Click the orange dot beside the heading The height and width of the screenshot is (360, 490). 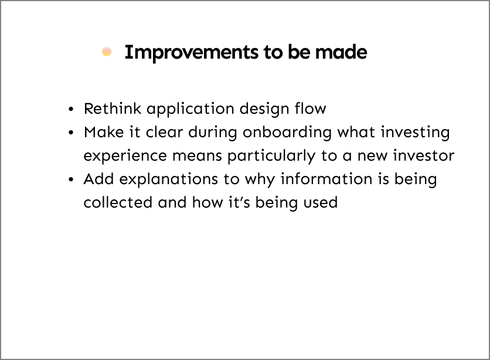click(107, 52)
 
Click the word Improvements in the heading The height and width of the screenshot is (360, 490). click(192, 53)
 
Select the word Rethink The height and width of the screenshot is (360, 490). click(113, 108)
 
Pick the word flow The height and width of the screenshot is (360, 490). click(310, 108)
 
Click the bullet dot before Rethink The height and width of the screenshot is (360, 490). click(71, 110)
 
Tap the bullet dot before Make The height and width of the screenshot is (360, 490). click(71, 133)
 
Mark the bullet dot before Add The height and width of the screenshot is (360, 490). click(71, 179)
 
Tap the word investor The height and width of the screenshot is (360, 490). click(423, 155)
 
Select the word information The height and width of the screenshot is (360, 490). click(326, 179)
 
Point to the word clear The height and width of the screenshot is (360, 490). click(164, 132)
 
